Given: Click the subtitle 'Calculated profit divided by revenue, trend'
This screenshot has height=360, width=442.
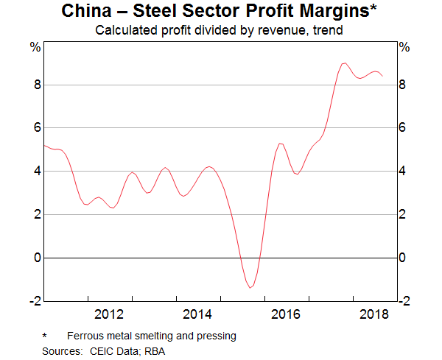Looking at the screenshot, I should click(220, 31).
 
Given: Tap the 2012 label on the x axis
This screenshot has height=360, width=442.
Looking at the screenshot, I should click(110, 315).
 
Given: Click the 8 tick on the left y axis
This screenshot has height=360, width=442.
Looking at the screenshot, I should click(35, 85).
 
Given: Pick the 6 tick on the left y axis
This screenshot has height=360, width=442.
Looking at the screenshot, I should click(35, 128).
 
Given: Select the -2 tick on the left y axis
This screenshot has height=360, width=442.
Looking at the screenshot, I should click(33, 301).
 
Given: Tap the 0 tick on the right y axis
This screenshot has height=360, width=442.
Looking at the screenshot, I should click(402, 258).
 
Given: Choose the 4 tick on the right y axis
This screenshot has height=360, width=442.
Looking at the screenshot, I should click(402, 172).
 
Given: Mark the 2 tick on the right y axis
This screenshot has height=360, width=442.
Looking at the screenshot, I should click(402, 214).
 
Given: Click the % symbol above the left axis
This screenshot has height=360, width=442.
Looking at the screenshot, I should click(35, 47).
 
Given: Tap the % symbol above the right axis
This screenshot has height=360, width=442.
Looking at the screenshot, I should click(404, 47).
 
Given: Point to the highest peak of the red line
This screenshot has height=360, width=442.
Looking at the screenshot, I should click(344, 63).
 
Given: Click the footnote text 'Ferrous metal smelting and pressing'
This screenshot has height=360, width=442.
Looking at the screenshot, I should click(149, 336).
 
